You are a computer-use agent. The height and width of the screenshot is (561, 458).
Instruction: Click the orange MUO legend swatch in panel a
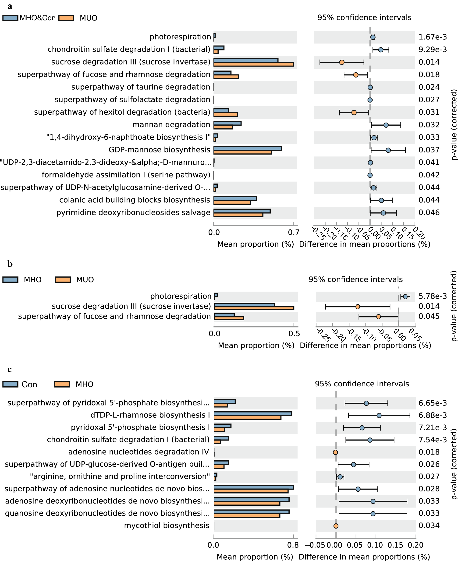[x=66, y=18]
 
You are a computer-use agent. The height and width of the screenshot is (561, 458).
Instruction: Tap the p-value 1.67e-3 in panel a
[x=432, y=37]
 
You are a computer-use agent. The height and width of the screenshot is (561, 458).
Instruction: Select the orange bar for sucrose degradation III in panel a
[x=253, y=64]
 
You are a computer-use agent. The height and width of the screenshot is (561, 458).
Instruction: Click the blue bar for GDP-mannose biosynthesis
[x=248, y=148]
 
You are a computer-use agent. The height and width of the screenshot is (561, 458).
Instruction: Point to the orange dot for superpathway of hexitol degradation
[x=354, y=113]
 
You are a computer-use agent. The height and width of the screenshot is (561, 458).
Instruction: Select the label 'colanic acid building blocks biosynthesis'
[x=135, y=200]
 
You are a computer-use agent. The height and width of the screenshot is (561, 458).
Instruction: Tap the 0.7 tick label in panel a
[x=294, y=232]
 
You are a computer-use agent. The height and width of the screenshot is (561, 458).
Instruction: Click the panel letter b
[x=10, y=264]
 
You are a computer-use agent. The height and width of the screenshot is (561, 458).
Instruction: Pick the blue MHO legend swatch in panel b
[x=10, y=280]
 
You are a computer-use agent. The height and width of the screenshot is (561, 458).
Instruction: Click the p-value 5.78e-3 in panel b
[x=432, y=296]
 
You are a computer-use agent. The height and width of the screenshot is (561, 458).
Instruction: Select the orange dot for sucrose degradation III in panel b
[x=358, y=307]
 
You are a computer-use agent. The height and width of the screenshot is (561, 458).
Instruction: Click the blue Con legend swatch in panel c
[x=10, y=384]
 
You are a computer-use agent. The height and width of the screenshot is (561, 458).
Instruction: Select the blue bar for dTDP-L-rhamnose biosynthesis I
[x=252, y=413]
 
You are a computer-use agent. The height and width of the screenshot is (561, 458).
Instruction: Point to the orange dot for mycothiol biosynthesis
[x=336, y=526]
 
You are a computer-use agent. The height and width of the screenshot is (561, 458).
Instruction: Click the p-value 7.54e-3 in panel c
[x=432, y=440]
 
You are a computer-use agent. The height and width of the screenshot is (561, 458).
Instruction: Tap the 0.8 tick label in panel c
[x=293, y=545]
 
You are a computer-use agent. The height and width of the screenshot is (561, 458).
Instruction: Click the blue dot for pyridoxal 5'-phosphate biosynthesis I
[x=362, y=428]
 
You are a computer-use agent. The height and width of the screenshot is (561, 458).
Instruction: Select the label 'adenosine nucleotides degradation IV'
[x=138, y=452]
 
